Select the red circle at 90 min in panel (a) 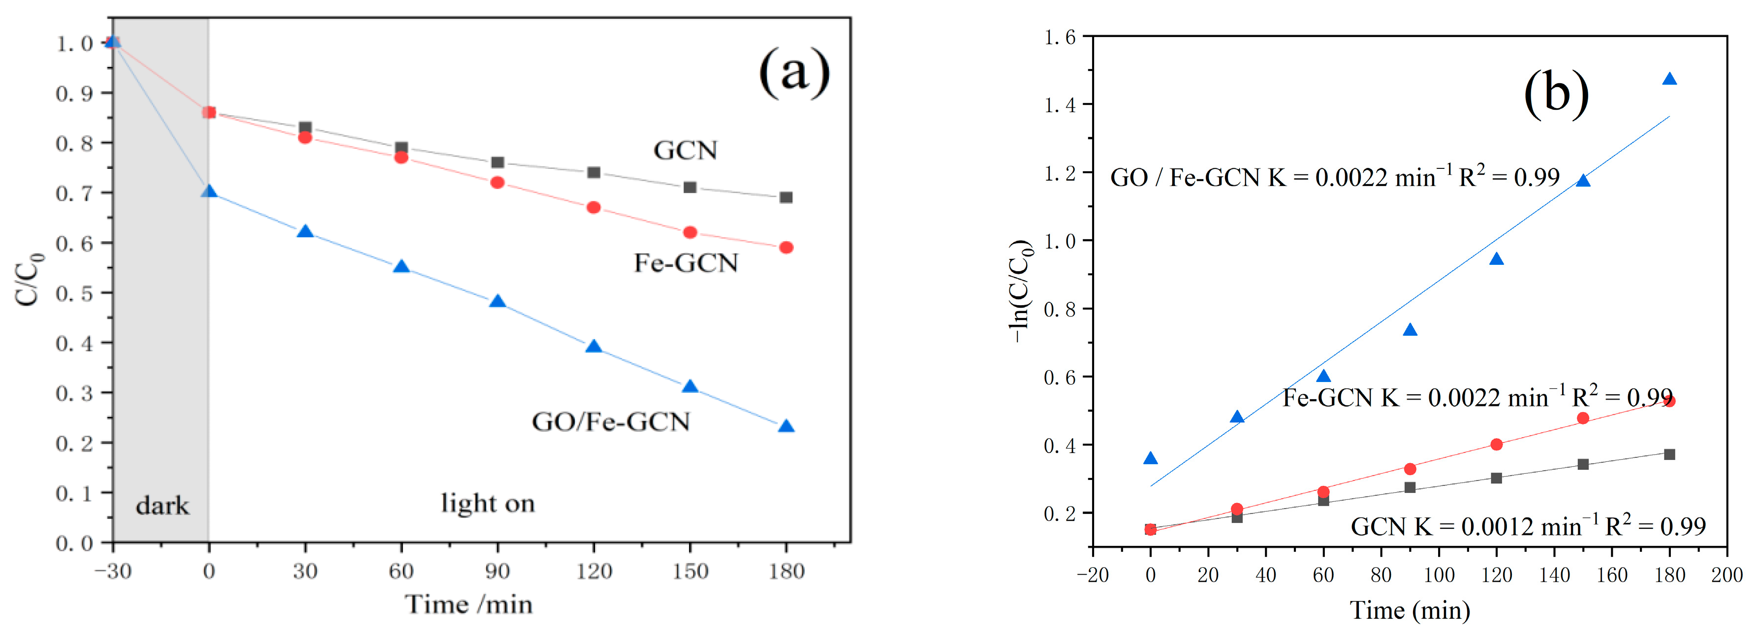[498, 182]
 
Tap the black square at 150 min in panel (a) [690, 187]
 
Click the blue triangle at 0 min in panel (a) [209, 192]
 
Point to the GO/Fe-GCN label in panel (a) [611, 422]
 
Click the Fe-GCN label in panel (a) [686, 263]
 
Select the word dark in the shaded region [162, 506]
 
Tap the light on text [487, 504]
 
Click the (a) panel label [794, 72]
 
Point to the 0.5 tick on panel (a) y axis [74, 293]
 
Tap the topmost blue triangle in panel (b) [1669, 79]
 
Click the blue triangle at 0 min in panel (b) [1151, 458]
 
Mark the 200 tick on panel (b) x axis [1727, 575]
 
